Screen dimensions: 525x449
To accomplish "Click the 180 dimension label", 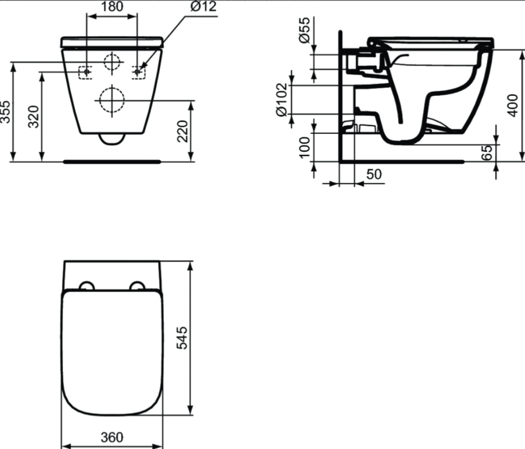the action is coord(112,6).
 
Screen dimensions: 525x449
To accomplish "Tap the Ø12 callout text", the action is coord(204,6).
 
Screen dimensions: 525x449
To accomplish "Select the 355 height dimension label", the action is coord(6,112).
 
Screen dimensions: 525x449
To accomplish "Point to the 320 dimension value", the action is coord(33,116).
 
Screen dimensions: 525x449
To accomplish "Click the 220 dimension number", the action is coord(183,131).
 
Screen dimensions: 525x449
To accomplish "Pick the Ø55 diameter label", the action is coord(305,30).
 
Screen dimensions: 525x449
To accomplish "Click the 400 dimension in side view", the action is coord(513,105).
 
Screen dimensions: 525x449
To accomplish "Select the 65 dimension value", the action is coord(488,153).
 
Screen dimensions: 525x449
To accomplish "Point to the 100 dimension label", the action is coord(305,147).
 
